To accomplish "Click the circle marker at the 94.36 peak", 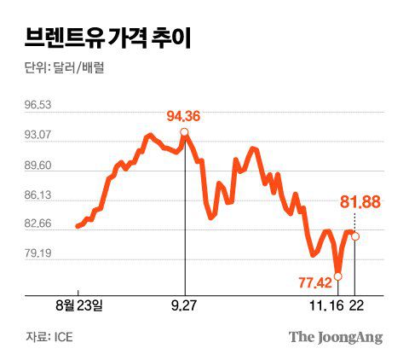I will coord(185,131).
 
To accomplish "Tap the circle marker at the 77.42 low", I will coord(338,276).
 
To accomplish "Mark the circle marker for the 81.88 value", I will coord(355,236).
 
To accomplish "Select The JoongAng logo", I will coord(335,336).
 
